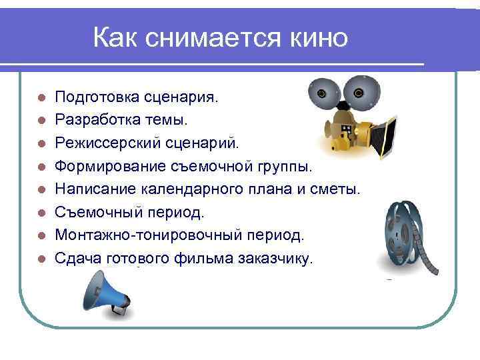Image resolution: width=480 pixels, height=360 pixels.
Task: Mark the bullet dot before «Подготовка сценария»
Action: click(41, 98)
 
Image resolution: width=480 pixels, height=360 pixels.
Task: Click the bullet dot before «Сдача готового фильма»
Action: click(41, 258)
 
